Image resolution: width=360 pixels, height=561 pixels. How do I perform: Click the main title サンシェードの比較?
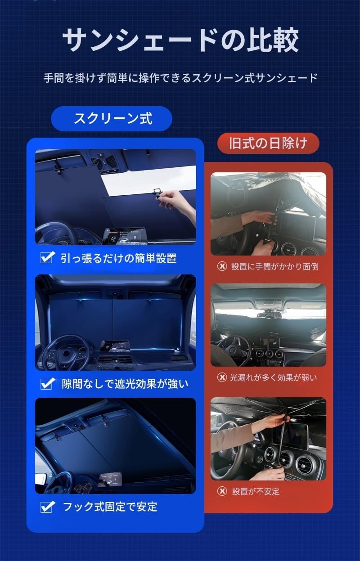coord(180,40)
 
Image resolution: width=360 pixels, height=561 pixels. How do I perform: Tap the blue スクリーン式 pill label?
coord(112,118)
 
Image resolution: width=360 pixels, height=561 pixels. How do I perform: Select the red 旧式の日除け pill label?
coord(268,143)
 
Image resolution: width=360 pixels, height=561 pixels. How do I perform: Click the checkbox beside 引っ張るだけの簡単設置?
coord(47,257)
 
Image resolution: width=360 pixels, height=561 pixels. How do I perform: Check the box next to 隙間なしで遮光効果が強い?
coord(47,383)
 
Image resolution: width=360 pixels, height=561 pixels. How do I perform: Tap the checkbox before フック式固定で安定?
coord(47,507)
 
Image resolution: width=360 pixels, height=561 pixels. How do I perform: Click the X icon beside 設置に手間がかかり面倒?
coord(222,266)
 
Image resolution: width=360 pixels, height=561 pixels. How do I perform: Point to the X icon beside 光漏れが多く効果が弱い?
coord(222,377)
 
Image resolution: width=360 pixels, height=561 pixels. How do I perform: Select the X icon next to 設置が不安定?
coord(222,491)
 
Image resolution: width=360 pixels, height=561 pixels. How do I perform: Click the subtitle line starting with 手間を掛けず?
coord(180,78)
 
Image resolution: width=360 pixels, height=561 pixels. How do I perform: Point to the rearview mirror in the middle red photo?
coord(269,314)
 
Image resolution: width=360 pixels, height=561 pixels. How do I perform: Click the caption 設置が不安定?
coord(256,491)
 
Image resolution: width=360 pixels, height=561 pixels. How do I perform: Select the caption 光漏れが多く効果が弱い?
coord(273,377)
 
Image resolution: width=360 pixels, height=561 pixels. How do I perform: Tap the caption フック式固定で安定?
coord(110,507)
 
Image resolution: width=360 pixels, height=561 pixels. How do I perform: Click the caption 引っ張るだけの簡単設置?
coord(118,258)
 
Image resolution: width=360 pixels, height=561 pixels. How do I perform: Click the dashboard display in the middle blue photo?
coord(115,346)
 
